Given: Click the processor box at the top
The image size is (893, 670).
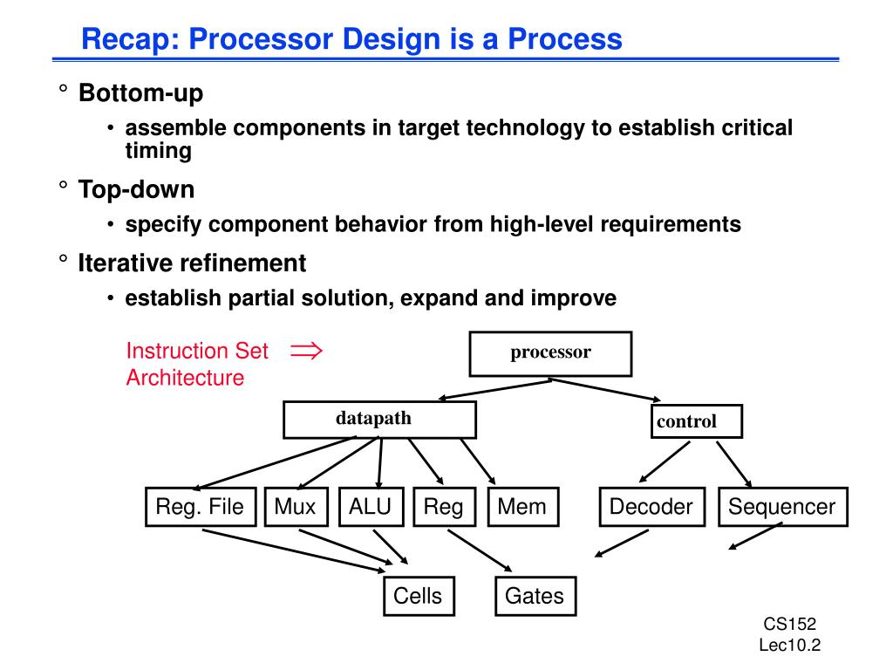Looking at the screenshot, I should pos(550,353).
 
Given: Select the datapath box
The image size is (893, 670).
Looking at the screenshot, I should pos(379,420).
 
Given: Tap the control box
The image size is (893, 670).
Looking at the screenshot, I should pos(697,421).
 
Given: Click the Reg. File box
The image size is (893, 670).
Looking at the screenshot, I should pos(200,507).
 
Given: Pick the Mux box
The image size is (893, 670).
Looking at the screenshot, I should pos(295,507).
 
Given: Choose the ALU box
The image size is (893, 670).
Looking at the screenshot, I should pos(371,507).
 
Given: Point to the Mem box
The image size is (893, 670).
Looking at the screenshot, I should pos(522,507).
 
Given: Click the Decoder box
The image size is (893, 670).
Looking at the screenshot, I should pos(651,507).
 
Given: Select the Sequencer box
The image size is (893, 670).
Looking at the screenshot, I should pos(782,507).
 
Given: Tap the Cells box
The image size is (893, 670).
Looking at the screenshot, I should pos(418,597).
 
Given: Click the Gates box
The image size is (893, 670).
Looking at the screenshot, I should pos(535,597).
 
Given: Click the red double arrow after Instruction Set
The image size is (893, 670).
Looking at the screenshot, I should pos(306,351).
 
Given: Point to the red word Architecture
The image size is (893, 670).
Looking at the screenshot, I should pos(185,378).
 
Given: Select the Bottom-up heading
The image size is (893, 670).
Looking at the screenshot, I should pos(140,92).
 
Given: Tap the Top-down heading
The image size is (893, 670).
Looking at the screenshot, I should pos(136,188).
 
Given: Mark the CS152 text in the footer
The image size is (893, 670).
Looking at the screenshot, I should pos(789,624).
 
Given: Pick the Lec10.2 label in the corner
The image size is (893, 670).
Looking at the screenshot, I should pos(790,646).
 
